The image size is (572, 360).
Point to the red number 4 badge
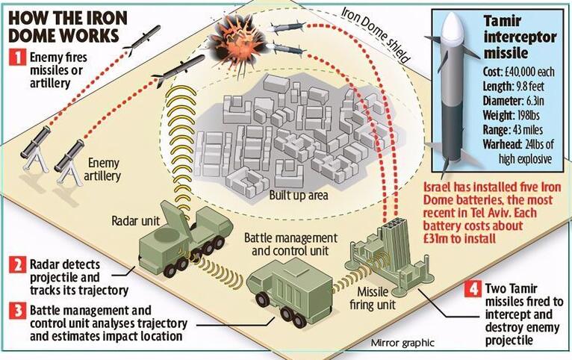point(473,290)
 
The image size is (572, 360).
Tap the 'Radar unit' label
point(136,220)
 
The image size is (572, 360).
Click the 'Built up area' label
point(299,195)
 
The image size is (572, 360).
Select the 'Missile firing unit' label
point(373,298)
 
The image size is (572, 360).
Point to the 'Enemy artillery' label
point(102,170)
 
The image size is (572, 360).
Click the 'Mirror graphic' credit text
point(402,343)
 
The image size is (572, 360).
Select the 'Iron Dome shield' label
point(376,34)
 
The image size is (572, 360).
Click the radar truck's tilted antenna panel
point(176,220)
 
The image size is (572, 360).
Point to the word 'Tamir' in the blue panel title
point(503,22)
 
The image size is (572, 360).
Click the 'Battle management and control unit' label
point(290,244)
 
